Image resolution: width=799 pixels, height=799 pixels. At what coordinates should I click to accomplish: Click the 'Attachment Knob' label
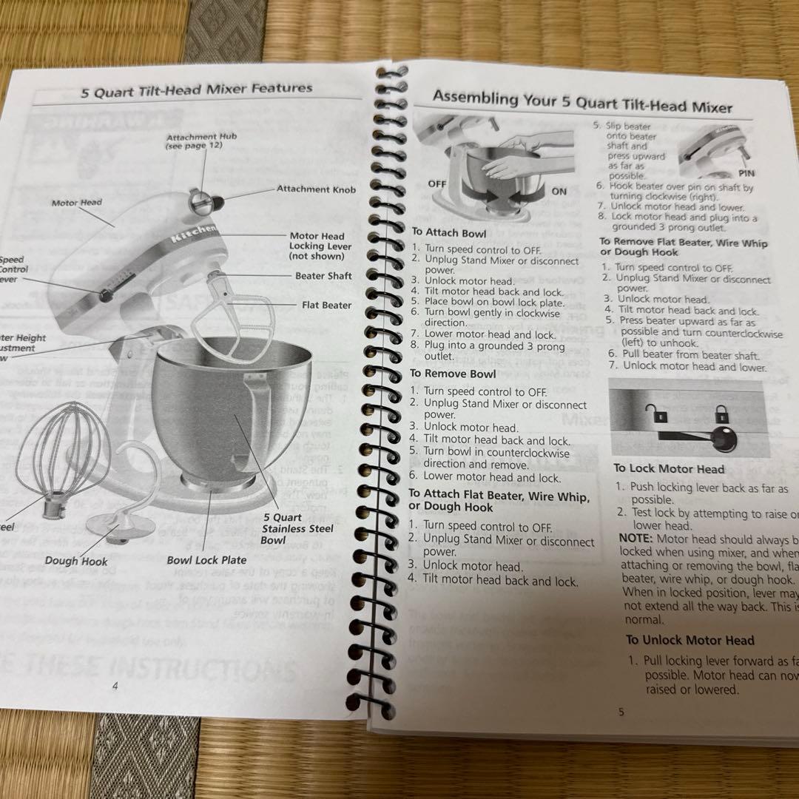[x=316, y=189]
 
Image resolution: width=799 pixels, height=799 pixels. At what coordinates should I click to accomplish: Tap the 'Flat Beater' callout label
[x=326, y=305]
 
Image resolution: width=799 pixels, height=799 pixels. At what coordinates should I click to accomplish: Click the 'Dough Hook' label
[x=76, y=561]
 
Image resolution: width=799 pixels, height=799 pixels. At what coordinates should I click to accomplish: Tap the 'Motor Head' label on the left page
[x=77, y=202]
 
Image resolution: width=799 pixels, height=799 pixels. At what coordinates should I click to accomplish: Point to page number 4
[x=115, y=686]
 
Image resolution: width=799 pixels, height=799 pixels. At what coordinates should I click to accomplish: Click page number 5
[x=621, y=712]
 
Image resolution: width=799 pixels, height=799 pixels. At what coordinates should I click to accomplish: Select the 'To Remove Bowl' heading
[x=452, y=374]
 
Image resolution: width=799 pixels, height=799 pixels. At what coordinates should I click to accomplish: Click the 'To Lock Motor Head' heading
[x=669, y=468]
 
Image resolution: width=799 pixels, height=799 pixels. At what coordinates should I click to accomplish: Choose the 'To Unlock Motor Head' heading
[x=690, y=641]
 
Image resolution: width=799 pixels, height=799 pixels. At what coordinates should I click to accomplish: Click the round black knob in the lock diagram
[x=723, y=438]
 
